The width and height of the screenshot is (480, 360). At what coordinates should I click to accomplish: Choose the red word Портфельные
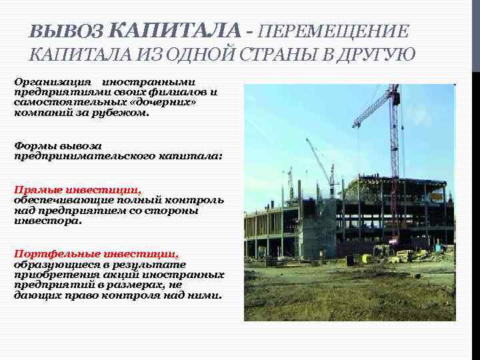(53, 253)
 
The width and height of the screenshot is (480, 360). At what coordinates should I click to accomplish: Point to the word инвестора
(48, 221)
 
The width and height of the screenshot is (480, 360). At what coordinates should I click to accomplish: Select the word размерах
(144, 285)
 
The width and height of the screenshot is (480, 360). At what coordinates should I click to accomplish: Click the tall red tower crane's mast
(395, 167)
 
